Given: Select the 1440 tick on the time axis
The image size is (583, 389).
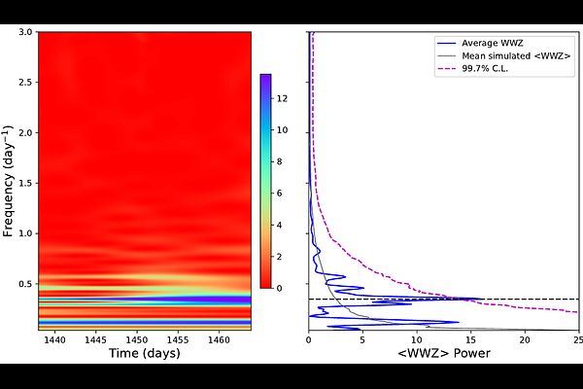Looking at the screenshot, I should [x=54, y=340].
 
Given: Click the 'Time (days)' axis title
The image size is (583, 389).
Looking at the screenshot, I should [x=144, y=355].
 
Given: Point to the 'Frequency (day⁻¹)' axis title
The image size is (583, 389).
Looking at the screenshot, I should [x=9, y=181].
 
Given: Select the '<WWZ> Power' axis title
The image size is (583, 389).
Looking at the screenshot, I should [x=443, y=355].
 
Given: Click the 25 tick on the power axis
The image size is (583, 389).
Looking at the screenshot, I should [x=579, y=340].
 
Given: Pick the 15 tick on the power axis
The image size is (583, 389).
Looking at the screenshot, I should [x=471, y=340].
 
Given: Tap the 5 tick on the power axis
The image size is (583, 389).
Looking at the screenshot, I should [x=362, y=340].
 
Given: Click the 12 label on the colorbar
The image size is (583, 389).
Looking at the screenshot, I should [x=280, y=98].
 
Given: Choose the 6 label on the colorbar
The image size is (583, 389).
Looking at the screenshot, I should [x=280, y=193].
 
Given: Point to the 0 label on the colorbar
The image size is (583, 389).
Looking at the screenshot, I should [x=280, y=288].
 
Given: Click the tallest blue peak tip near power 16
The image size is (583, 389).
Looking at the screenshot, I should [x=483, y=299].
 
